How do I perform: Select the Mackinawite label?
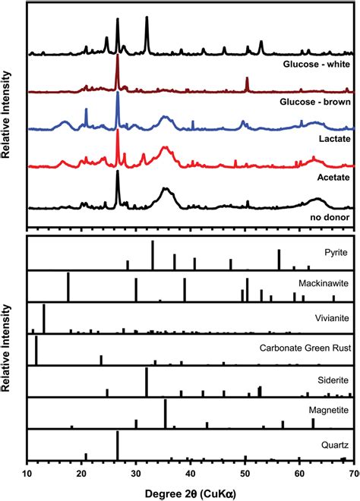pos(319,282)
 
